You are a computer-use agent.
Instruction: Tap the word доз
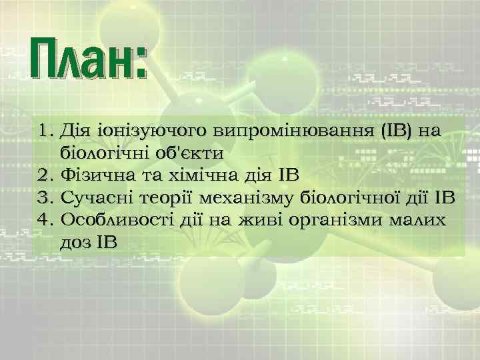pos(76,243)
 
